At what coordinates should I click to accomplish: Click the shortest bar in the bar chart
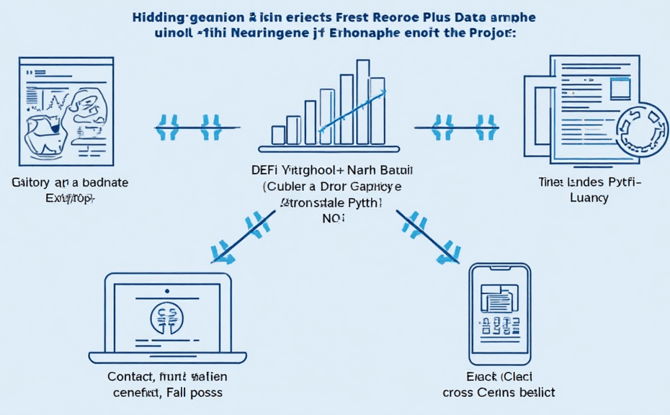tap(278, 134)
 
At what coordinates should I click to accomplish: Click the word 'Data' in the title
tap(470, 17)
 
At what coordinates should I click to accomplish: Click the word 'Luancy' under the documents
tap(588, 196)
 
